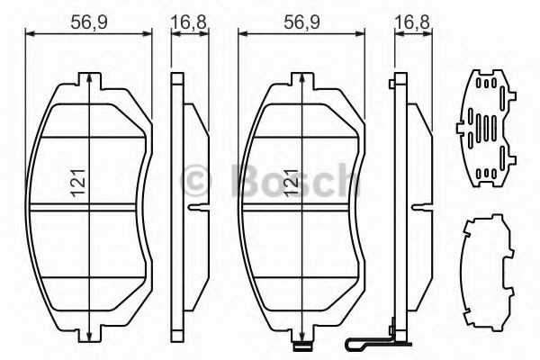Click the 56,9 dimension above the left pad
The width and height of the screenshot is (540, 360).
89,22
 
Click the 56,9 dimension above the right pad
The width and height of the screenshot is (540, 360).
301,22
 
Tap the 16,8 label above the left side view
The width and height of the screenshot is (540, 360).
189,22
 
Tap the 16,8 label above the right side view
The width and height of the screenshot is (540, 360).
412,22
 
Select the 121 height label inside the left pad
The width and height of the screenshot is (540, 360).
78,183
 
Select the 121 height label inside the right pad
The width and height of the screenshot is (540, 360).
292,183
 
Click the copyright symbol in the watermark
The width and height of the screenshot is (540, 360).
196,181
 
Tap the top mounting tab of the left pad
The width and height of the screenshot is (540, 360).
90,81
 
